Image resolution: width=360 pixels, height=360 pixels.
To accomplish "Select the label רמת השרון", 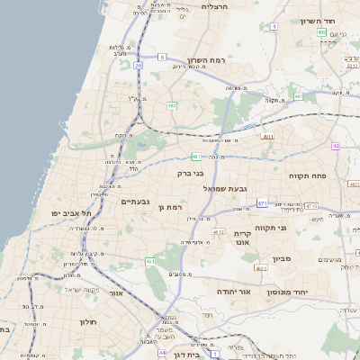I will pos(192,60).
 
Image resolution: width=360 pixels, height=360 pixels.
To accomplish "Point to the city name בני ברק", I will pos(189,173).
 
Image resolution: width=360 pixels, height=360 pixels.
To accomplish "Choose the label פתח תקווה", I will pos(312,175).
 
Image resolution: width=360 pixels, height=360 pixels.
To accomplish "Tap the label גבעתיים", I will pos(136,202).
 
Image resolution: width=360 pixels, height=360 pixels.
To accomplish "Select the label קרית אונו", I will pos(242,238).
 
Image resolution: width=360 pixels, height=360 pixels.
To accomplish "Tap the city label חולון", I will pos(88,321).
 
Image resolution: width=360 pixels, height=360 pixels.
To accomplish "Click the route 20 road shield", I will pos(138,66).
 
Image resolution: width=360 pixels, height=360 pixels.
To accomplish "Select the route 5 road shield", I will pos(163,57).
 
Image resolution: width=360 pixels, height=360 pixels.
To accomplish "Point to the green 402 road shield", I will pos(321,31).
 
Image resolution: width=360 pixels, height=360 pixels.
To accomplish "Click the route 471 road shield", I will pos(262,204).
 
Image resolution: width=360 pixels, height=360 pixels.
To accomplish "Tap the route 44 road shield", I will pos(162,353).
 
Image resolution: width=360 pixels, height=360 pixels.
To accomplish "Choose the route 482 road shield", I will pos(171,105).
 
